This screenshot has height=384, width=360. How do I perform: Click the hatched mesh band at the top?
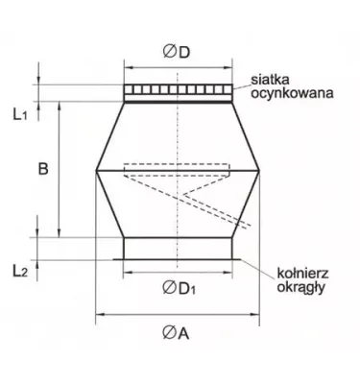click(x=178, y=92)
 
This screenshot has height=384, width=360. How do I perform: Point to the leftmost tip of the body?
click(x=97, y=170)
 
